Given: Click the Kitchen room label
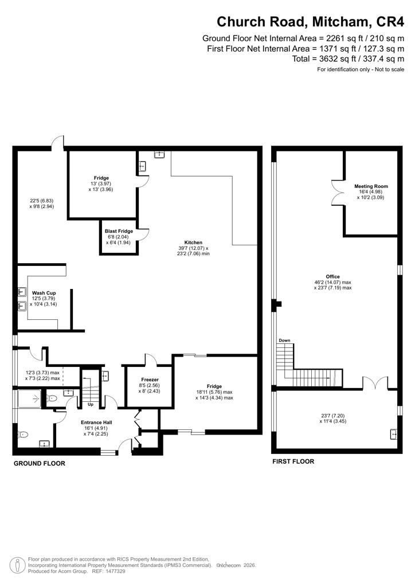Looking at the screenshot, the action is tap(193, 242).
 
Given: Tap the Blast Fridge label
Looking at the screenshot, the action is tap(119, 232).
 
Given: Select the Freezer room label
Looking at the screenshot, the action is tap(150, 379).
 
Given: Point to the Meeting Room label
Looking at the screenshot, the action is tap(371, 186).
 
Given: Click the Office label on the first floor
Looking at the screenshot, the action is tap(332, 277).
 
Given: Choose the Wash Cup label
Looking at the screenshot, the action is tap(44, 293).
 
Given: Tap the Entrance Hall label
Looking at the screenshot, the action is tap(96, 422).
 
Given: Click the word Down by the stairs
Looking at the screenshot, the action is tap(284, 341).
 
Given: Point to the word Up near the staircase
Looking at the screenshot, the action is tap(91, 405).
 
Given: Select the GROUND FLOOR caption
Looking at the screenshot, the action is tap(40, 463).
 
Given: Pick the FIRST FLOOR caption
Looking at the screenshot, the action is tap(293, 461).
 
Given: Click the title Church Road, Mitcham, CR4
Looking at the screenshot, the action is tap(310, 22).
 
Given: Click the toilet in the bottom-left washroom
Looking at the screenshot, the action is tap(23, 435).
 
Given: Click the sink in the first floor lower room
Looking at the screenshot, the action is tap(393, 434).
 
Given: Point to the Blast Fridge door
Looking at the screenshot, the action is tap(144, 234).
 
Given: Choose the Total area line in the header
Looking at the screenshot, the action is tap(348, 59).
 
